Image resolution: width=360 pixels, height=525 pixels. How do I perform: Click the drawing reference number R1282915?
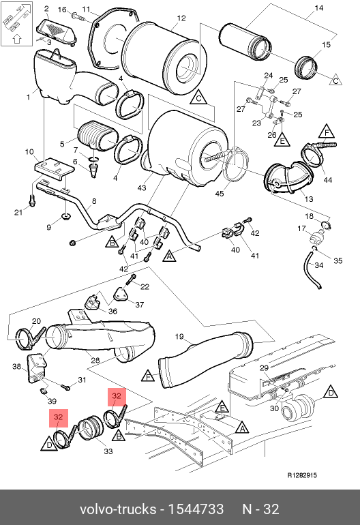302,475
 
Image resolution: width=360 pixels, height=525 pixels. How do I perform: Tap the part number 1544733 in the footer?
196,509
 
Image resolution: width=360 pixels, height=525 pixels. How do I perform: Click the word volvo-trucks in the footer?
118,509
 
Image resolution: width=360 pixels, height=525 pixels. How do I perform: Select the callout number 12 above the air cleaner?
181,18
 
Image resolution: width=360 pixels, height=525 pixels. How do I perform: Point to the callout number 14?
319,7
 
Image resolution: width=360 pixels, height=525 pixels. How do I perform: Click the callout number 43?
142,187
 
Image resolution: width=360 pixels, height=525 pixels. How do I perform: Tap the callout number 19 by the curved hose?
179,336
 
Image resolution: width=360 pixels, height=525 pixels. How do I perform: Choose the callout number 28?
95,360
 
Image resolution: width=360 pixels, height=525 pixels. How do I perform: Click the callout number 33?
108,451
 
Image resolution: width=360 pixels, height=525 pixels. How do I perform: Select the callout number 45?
220,194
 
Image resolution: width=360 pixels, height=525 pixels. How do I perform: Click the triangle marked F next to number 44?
327,131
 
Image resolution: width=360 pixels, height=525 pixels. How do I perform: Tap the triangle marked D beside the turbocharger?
331,392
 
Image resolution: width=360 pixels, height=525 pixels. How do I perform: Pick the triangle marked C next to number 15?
335,80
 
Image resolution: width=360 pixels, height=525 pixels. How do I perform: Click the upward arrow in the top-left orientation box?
17,39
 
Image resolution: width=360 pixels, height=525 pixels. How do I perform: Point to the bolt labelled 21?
32,200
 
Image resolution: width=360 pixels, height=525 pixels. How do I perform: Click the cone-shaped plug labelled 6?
94,169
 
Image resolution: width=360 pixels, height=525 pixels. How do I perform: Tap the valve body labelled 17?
315,238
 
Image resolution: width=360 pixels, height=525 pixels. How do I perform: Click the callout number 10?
29,151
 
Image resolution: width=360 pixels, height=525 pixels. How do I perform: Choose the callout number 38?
17,367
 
